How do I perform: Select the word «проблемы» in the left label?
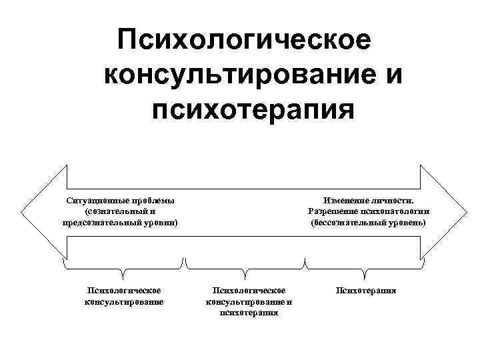coord(153,201)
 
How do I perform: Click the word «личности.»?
coord(393,201)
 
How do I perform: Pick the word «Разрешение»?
coord(331,211)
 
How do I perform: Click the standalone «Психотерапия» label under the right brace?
coord(366,291)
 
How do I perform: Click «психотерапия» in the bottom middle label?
coord(249,312)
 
